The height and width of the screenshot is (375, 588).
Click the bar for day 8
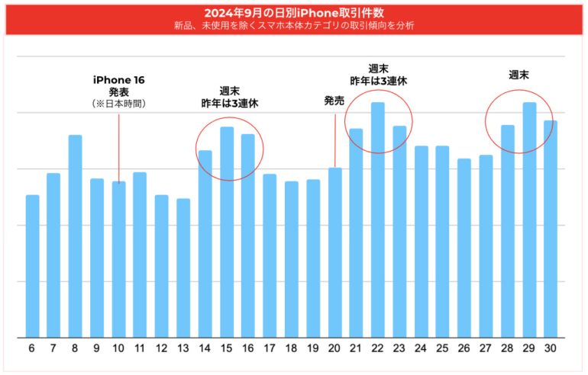[x=76, y=236]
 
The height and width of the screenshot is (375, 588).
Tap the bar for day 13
[x=183, y=268]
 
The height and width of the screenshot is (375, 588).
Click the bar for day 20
[x=334, y=252]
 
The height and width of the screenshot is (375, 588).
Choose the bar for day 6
[x=32, y=266]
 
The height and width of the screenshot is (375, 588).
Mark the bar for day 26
[x=464, y=248]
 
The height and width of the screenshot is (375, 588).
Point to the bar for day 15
[x=227, y=232]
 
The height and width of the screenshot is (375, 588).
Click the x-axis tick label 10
[x=118, y=348]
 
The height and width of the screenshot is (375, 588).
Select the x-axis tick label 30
[x=551, y=348]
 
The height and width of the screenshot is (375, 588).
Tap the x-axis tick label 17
[x=270, y=348]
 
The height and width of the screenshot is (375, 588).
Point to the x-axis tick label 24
[x=421, y=348]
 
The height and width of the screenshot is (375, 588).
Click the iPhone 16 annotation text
[x=118, y=80]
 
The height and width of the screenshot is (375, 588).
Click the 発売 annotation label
[x=334, y=100]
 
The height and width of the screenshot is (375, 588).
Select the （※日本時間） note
[x=118, y=103]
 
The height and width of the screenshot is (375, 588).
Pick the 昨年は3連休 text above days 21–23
[x=378, y=80]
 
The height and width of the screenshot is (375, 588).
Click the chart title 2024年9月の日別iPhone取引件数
[x=293, y=13]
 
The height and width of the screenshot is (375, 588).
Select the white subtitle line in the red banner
[x=293, y=25]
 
